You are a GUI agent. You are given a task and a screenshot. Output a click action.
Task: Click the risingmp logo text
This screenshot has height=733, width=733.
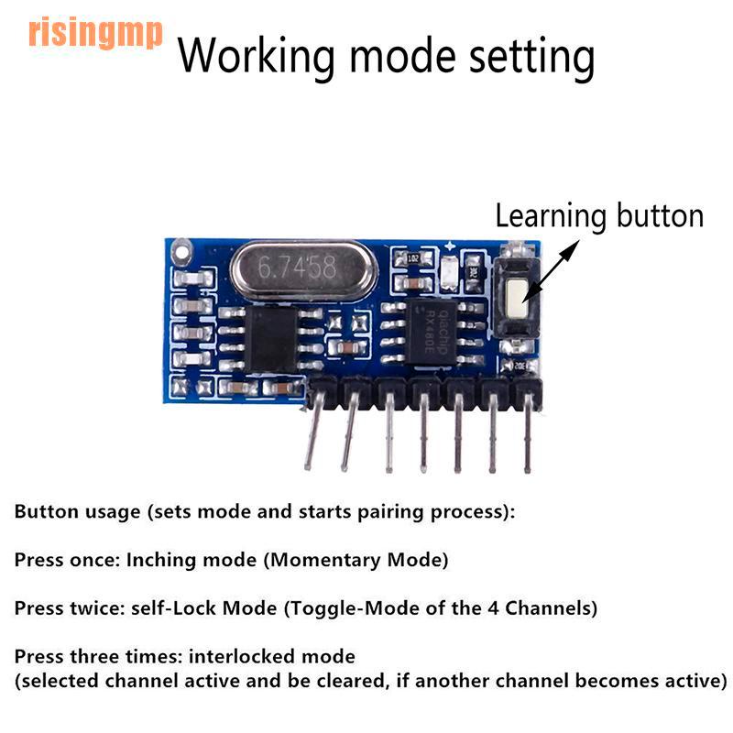click(x=95, y=33)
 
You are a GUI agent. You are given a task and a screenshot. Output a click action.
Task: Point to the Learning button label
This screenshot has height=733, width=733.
click(x=599, y=216)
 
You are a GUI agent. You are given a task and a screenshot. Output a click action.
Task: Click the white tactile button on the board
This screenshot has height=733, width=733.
click(x=516, y=294)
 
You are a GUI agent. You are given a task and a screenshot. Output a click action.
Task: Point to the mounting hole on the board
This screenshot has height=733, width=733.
click(x=182, y=249)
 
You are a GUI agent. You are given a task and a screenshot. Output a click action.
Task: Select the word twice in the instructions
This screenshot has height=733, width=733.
click(x=93, y=607)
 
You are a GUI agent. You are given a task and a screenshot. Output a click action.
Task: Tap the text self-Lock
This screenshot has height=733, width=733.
click(x=178, y=607)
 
